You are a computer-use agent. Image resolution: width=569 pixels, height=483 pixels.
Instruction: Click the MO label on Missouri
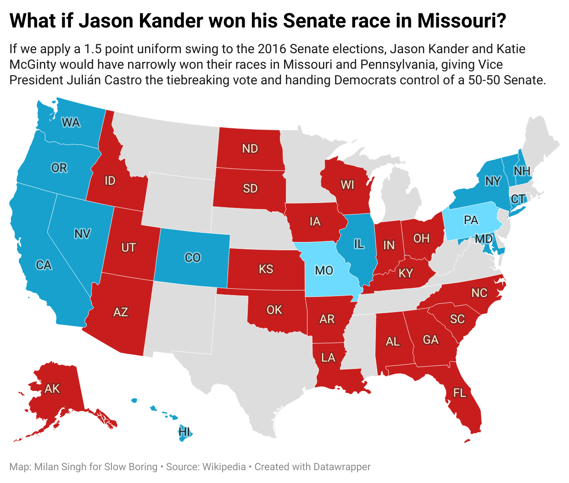click(324, 270)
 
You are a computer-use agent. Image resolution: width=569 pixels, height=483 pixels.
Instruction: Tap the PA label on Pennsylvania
click(471, 220)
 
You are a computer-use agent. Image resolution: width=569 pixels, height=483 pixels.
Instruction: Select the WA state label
click(71, 122)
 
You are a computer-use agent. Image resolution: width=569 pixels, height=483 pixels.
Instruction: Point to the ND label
click(250, 148)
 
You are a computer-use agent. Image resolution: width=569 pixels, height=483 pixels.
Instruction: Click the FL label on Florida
click(459, 393)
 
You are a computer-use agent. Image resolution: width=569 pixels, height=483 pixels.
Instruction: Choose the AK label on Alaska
click(52, 389)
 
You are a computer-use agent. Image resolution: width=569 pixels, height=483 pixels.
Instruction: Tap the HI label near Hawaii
click(184, 432)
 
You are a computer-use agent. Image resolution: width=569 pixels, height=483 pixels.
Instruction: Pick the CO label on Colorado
click(193, 258)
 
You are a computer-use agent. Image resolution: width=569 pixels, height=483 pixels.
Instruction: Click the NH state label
click(522, 171)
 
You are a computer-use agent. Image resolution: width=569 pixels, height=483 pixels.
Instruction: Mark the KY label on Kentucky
click(406, 274)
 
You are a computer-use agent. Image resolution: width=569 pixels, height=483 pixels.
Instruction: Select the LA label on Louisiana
click(328, 357)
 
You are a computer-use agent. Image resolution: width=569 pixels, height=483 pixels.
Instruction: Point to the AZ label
click(121, 313)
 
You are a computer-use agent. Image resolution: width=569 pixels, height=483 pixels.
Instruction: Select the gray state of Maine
click(541, 142)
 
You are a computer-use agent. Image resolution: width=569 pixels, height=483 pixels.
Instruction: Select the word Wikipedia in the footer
click(224, 467)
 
